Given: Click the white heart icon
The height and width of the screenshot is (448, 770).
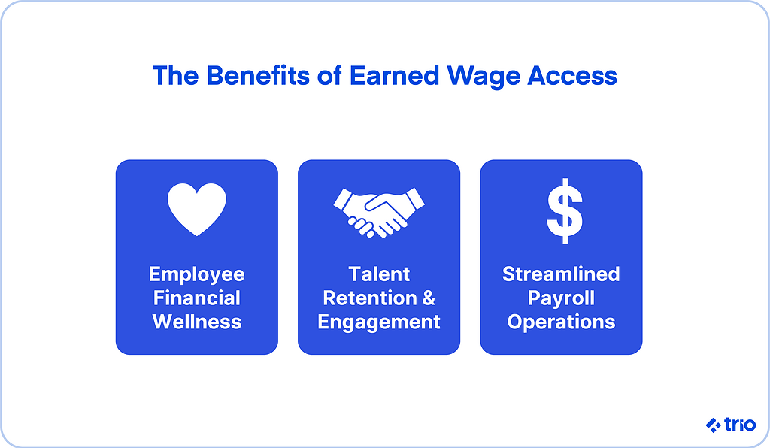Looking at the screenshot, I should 196,210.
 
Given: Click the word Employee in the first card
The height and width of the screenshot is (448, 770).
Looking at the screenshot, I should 197,274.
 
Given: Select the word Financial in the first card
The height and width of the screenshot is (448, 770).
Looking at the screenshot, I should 197,298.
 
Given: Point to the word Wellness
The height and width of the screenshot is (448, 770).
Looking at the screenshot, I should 197,322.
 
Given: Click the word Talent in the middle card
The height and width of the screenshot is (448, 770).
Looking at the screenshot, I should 379,274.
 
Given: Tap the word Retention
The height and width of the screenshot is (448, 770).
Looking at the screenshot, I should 368,298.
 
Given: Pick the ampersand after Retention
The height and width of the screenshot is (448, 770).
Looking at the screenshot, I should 428,298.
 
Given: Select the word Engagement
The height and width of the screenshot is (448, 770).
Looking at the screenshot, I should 379,322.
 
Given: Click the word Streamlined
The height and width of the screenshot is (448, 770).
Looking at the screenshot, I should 561,274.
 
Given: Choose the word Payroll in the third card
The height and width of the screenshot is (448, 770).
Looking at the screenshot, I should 561,298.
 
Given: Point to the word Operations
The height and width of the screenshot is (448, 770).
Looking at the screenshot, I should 561,322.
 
